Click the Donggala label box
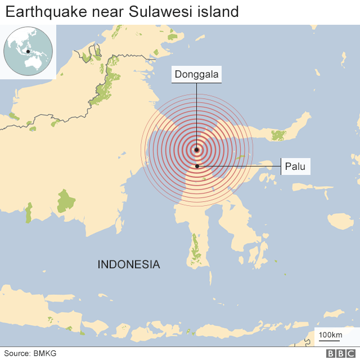pyautogui.click(x=196, y=74)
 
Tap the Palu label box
pyautogui.click(x=295, y=166)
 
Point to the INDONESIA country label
pyautogui.click(x=129, y=264)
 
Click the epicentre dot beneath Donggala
pyautogui.click(x=196, y=150)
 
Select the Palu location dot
pyautogui.click(x=197, y=166)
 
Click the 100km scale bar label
pyautogui.click(x=330, y=336)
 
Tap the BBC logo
pyautogui.click(x=339, y=353)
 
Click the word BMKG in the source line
pyautogui.click(x=44, y=353)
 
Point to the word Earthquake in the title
pyautogui.click(x=41, y=11)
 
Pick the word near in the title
pyautogui.click(x=97, y=11)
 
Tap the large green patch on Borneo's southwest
pyautogui.click(x=66, y=200)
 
